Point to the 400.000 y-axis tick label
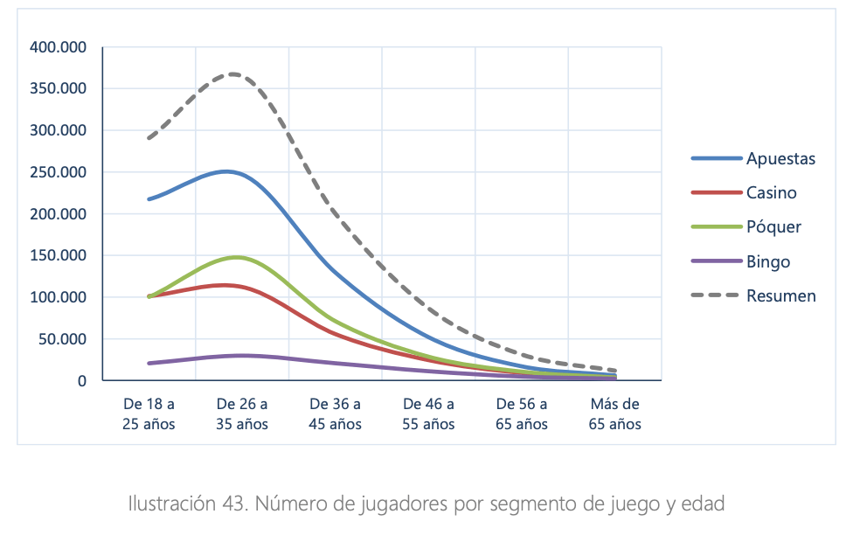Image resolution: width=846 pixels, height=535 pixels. click(x=58, y=47)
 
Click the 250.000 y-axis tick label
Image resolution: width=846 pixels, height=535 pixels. click(x=58, y=172)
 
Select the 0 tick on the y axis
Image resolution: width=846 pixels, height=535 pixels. click(x=82, y=381)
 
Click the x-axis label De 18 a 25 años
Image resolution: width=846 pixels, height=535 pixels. click(x=149, y=414)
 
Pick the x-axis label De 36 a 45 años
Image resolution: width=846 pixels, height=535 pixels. click(x=335, y=414)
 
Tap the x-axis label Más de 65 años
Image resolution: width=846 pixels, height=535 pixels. click(x=614, y=414)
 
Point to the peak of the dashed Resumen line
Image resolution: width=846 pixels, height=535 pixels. click(x=233, y=74)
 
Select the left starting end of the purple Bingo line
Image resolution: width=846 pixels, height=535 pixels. click(x=149, y=363)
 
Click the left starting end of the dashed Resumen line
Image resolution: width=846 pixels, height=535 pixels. click(x=149, y=138)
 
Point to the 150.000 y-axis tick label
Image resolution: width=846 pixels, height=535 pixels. click(x=58, y=256)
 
